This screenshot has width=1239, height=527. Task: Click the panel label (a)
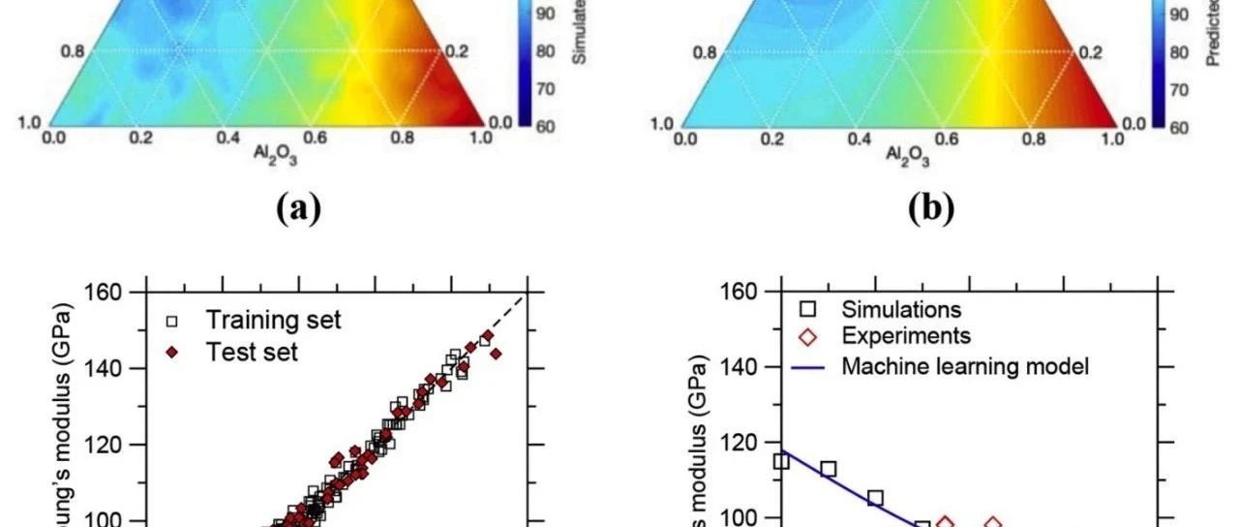click(x=298, y=208)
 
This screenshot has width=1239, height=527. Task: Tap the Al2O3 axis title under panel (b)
click(x=898, y=157)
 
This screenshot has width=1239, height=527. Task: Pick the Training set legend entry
click(x=256, y=321)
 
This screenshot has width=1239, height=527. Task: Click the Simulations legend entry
click(x=887, y=309)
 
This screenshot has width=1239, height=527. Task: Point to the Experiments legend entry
click(x=891, y=336)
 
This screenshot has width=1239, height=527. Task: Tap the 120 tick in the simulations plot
click(x=736, y=443)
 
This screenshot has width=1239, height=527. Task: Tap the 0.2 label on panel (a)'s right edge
click(x=461, y=51)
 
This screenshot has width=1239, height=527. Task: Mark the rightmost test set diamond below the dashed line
click(x=497, y=354)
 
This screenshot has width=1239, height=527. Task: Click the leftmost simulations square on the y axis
click(x=781, y=461)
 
